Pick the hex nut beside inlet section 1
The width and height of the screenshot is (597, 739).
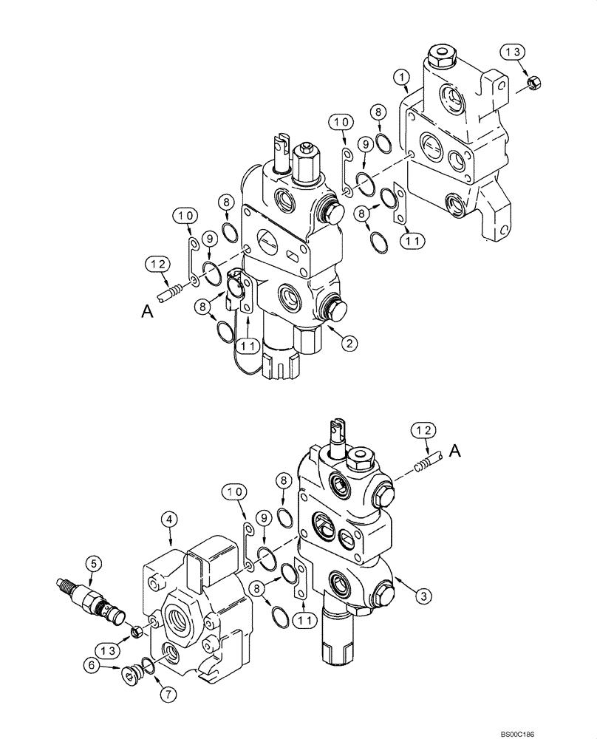[536, 86]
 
